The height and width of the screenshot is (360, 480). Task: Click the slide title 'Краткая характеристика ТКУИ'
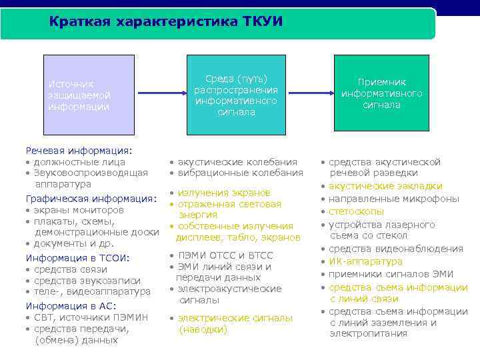click(166, 22)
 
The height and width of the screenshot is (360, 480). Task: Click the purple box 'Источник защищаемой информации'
click(81, 95)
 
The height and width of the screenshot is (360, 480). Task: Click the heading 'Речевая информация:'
click(79, 151)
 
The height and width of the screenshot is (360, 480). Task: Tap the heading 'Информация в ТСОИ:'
click(77, 258)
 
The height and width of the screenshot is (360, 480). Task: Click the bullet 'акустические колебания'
click(238, 162)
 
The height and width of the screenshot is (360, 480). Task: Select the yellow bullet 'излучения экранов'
click(224, 193)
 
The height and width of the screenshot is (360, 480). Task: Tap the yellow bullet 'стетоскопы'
click(357, 211)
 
